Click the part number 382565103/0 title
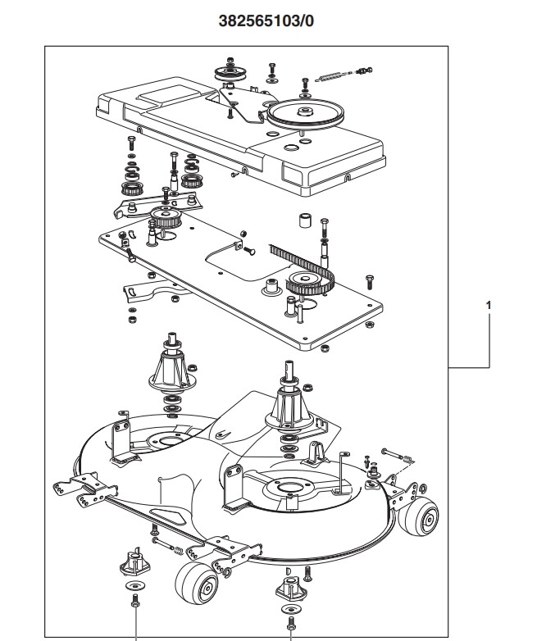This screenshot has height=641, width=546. click(x=266, y=20)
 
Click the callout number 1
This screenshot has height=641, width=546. click(x=489, y=306)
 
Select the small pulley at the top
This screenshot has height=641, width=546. click(x=230, y=74)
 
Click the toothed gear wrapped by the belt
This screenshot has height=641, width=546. click(x=307, y=283)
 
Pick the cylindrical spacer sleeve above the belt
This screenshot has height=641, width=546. click(x=305, y=220)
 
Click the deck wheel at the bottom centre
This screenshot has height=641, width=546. click(x=197, y=583)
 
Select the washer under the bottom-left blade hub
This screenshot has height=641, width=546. click(x=134, y=586)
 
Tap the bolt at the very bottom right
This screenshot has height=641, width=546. click(x=291, y=623)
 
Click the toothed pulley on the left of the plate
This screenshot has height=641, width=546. click(x=166, y=217)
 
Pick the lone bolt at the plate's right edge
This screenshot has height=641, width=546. click(x=369, y=282)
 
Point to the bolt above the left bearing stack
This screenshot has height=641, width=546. click(x=131, y=143)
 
